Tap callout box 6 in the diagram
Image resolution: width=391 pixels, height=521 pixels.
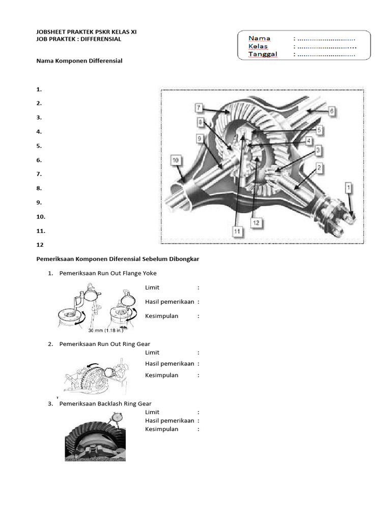click(x=330, y=109)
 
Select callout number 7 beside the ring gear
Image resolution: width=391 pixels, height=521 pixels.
click(x=199, y=108)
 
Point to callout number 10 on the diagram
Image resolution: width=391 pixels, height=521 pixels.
click(x=175, y=160)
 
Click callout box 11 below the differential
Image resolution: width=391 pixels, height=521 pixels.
click(x=237, y=231)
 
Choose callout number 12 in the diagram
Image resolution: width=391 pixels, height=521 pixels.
click(x=256, y=223)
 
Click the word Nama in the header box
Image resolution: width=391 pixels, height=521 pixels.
click(x=259, y=38)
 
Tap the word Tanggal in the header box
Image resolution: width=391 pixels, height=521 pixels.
click(x=263, y=54)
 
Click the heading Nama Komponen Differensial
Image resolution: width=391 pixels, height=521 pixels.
click(x=79, y=61)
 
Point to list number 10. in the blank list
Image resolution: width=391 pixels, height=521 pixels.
click(x=41, y=216)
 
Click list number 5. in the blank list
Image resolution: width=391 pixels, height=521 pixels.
click(x=39, y=146)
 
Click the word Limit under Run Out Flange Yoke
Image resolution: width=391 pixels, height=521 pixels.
click(x=152, y=287)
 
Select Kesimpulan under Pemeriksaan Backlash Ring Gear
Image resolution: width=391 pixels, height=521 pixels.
click(x=161, y=429)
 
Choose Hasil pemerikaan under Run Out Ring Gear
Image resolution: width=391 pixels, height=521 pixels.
click(x=169, y=364)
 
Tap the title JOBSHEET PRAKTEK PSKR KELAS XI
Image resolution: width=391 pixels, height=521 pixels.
click(x=87, y=32)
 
